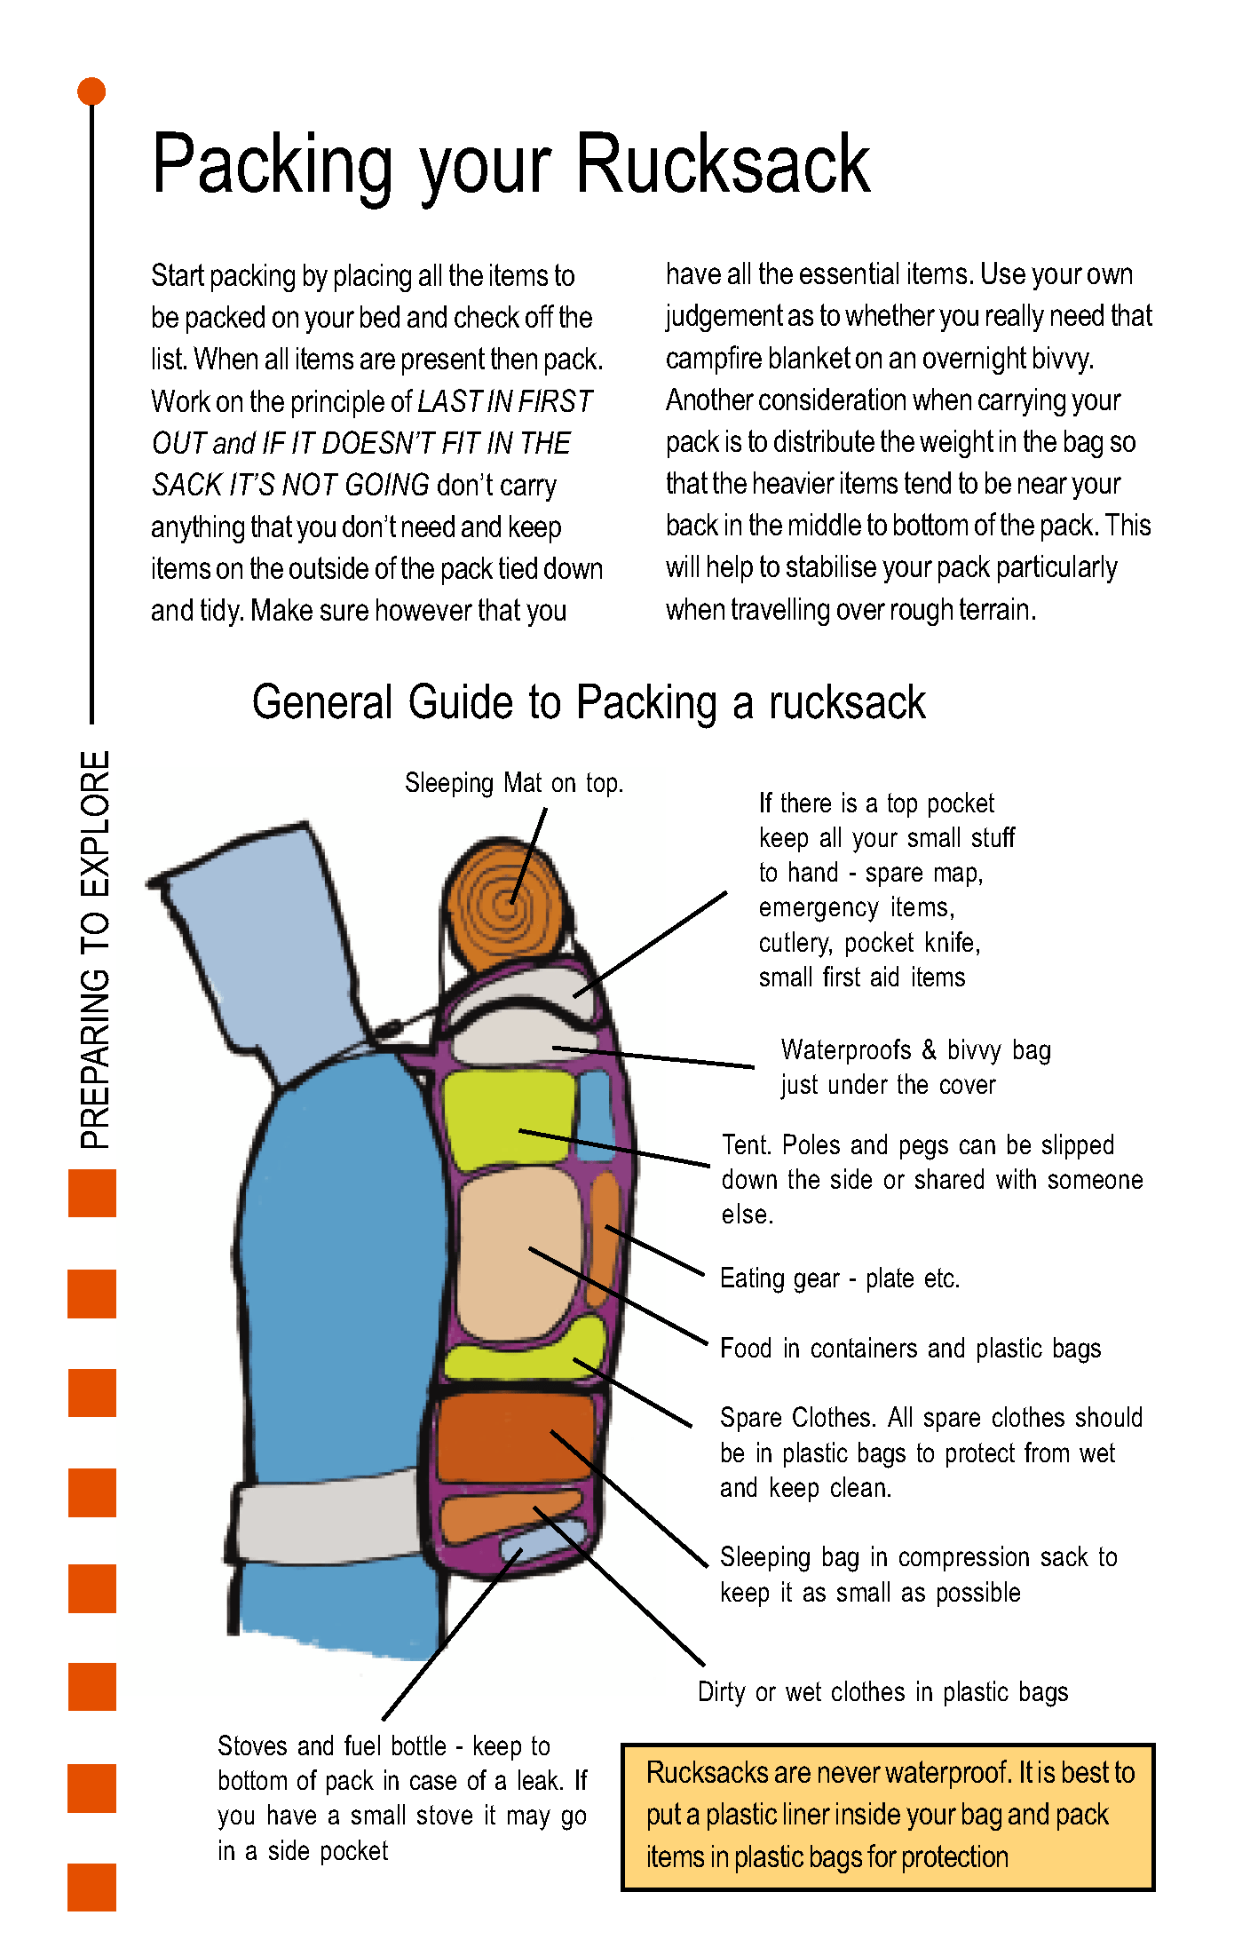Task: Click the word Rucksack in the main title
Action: tap(723, 164)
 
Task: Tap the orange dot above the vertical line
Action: tap(91, 91)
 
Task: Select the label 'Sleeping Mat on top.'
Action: tap(514, 783)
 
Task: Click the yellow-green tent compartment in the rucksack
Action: tap(506, 1119)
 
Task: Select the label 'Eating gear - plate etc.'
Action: tap(840, 1278)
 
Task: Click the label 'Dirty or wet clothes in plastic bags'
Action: tap(882, 1692)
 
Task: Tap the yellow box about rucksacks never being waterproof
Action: tap(888, 1816)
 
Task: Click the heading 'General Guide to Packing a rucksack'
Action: tap(589, 702)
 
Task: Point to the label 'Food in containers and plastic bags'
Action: tap(910, 1349)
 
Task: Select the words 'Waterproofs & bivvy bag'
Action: tap(915, 1050)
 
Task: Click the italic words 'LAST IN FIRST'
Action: tap(504, 401)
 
